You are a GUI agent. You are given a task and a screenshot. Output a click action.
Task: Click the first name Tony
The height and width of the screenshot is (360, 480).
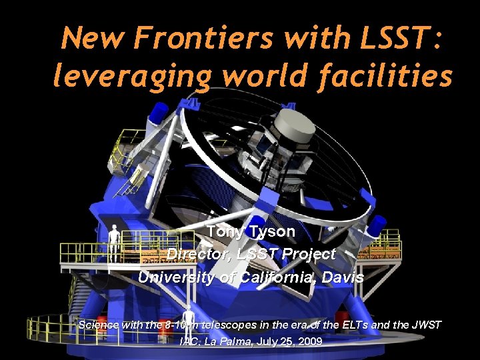point(225,231)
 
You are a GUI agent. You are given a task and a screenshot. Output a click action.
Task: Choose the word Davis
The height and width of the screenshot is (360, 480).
point(341,277)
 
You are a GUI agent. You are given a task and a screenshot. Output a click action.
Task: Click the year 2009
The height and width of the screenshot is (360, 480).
point(310,341)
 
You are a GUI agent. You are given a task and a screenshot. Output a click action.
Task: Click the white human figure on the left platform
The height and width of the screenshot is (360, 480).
point(114,241)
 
